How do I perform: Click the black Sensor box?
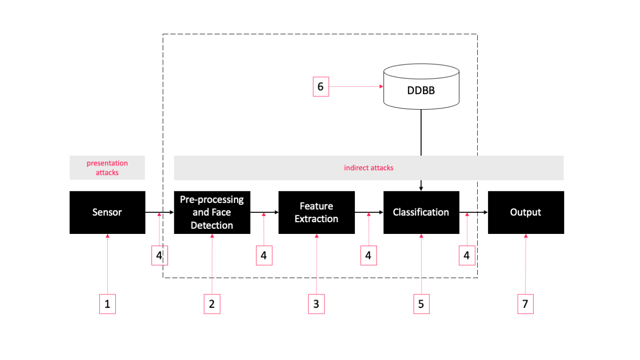[107, 212]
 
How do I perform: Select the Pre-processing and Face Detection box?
[212, 212]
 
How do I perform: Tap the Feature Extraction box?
[316, 212]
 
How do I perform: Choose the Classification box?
[421, 212]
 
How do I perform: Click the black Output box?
[526, 212]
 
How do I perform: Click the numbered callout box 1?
[107, 304]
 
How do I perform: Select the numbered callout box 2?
[212, 304]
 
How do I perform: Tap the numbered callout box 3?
[316, 304]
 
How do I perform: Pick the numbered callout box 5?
[421, 304]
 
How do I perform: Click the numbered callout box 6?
[321, 87]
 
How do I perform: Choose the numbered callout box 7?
[526, 304]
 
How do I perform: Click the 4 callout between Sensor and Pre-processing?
[159, 255]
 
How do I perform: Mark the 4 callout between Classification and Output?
[467, 255]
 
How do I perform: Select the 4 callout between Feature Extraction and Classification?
[369, 255]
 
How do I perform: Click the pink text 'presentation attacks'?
[107, 168]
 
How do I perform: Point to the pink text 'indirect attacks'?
[369, 168]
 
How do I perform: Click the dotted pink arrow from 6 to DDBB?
[355, 87]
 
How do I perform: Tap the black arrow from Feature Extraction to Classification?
[369, 212]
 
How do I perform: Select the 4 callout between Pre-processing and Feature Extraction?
[264, 255]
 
